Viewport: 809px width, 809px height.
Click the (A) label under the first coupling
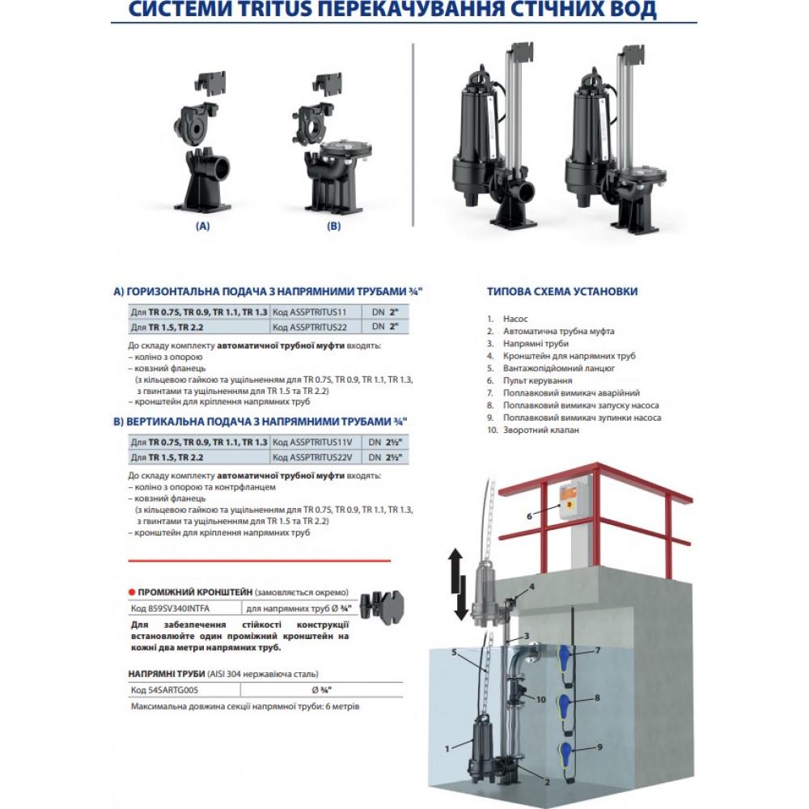pos(203,226)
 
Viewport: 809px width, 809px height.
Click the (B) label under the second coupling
pos(334,226)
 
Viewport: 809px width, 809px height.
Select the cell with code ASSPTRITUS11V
pos(313,443)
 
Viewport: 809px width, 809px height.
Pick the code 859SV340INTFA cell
pos(184,608)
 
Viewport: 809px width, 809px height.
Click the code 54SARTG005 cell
pos(184,690)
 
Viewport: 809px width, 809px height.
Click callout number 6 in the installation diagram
pos(529,516)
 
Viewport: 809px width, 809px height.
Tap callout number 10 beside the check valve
pos(540,700)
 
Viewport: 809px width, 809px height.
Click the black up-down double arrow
pos(456,585)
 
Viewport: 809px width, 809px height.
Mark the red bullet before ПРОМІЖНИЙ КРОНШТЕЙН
pos(132,592)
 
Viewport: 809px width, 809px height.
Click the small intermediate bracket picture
pos(383,607)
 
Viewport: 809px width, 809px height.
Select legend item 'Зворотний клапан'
pos(540,430)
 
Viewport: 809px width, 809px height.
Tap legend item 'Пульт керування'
pos(538,380)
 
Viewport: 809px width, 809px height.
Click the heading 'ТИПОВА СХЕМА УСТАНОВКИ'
pos(562,291)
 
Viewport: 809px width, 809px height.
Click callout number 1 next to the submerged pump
pos(447,748)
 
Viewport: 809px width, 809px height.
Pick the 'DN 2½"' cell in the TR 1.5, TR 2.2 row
pos(385,457)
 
